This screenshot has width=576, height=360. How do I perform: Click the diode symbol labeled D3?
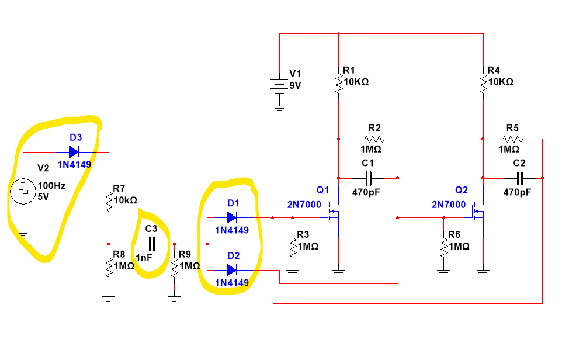click(x=73, y=152)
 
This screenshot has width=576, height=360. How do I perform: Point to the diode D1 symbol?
click(x=231, y=217)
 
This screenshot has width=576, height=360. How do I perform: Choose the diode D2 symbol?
click(x=231, y=269)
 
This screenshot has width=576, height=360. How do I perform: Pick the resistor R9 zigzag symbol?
click(x=174, y=267)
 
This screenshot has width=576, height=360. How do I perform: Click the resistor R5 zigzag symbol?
click(x=512, y=139)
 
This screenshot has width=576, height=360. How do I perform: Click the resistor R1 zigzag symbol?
click(x=338, y=82)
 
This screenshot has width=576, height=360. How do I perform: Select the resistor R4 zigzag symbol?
click(x=484, y=82)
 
